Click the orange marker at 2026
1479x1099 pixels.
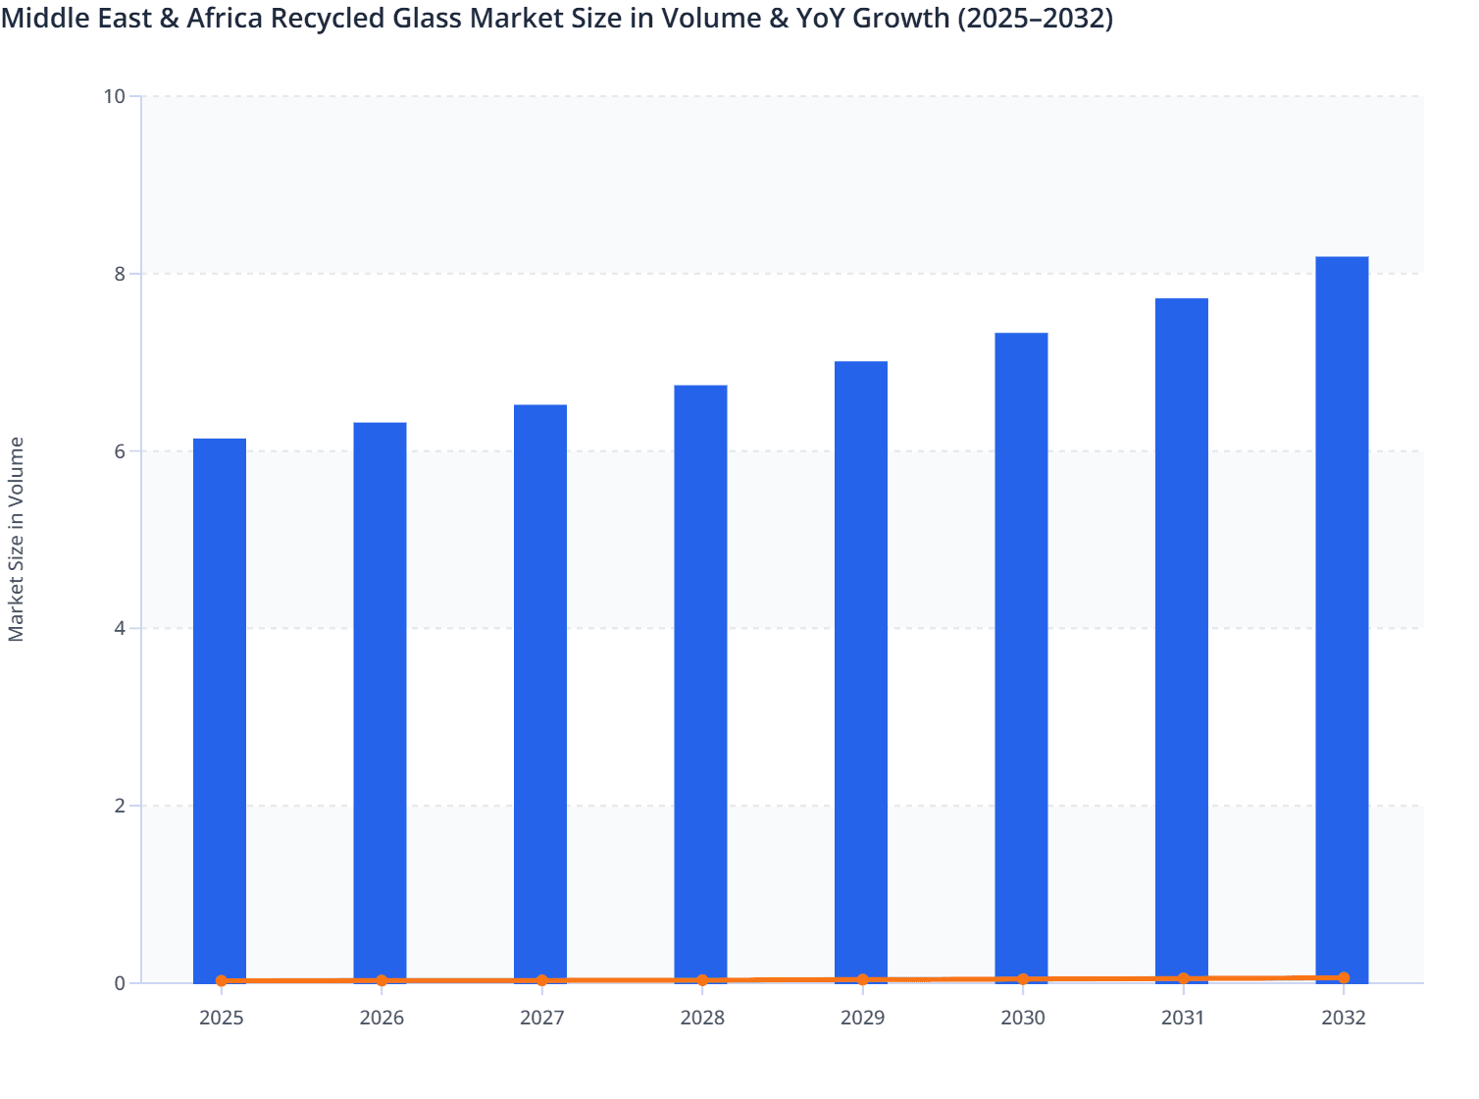[x=382, y=980]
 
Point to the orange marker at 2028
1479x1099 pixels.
[x=702, y=980]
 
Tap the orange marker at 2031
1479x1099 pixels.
[x=1183, y=978]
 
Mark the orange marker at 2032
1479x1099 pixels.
[x=1344, y=977]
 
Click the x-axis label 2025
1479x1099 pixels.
[x=221, y=1018]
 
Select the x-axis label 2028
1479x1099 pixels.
[x=702, y=1018]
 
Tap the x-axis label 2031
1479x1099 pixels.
[x=1183, y=1018]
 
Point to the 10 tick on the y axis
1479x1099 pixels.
[x=114, y=96]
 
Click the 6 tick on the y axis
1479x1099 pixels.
[x=120, y=451]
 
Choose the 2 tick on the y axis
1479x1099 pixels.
[x=120, y=806]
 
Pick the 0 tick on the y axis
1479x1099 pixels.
[x=120, y=983]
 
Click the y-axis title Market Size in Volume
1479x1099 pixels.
[x=16, y=539]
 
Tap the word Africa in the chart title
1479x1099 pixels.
[x=222, y=18]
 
